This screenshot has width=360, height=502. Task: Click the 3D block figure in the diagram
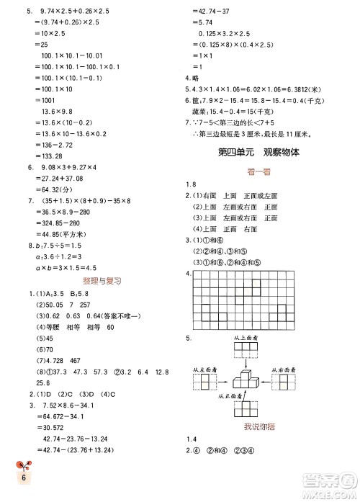(x=245, y=376)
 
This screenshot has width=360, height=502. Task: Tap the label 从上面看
(x=246, y=336)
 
